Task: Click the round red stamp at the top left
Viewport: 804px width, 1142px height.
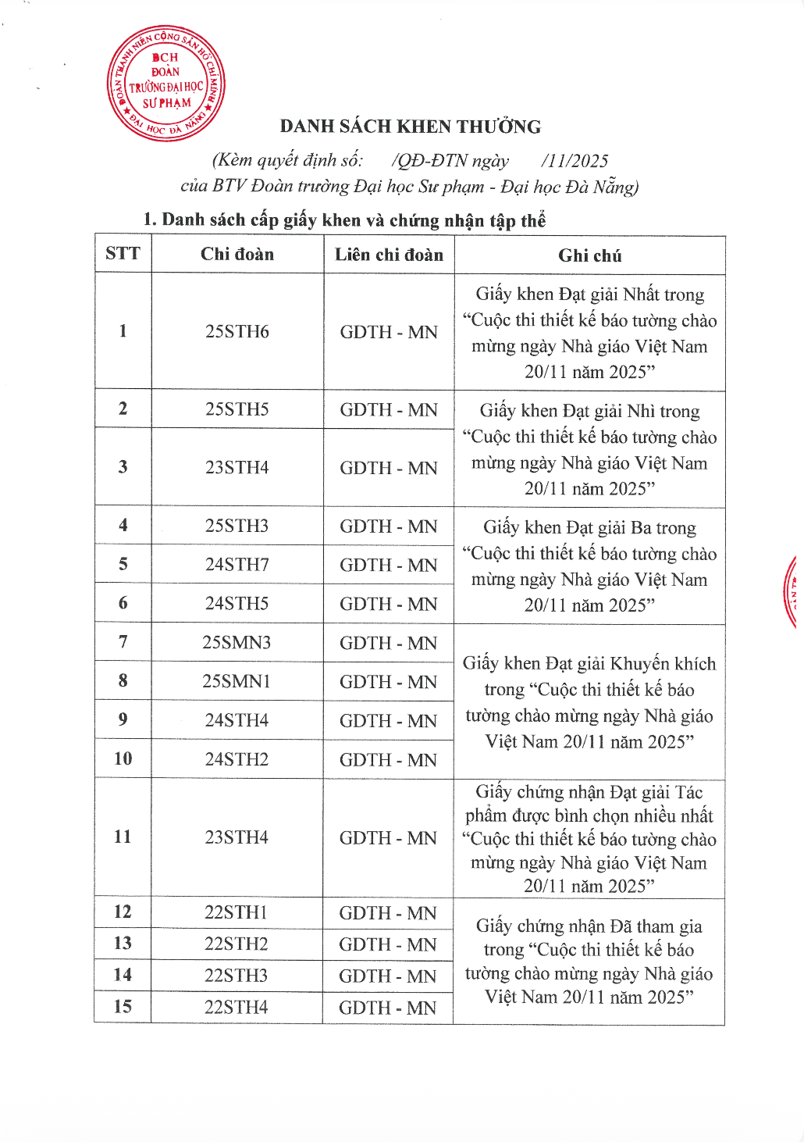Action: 165,84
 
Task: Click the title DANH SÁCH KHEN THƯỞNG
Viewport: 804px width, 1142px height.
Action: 410,127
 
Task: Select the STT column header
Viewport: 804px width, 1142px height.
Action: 123,253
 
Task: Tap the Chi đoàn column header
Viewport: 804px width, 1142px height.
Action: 237,254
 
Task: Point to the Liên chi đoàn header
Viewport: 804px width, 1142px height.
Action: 389,255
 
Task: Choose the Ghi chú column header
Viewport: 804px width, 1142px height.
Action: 589,255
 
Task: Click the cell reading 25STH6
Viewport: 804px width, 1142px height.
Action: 237,331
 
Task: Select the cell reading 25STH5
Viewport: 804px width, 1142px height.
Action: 237,409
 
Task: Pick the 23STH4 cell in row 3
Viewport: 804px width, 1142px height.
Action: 237,467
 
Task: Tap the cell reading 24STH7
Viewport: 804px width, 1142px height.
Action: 237,564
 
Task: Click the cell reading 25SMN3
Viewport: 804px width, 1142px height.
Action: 237,642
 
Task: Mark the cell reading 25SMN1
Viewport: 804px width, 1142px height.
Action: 237,681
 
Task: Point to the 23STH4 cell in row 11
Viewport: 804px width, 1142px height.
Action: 237,837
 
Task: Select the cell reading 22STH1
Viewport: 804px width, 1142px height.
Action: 237,912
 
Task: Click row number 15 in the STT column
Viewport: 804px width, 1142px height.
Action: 123,1006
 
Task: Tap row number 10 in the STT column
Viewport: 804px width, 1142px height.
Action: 123,758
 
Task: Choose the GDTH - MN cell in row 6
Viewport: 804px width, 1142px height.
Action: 389,604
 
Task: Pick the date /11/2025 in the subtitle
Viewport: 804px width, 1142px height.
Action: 575,161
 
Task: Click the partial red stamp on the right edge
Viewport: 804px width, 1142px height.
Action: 792,592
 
